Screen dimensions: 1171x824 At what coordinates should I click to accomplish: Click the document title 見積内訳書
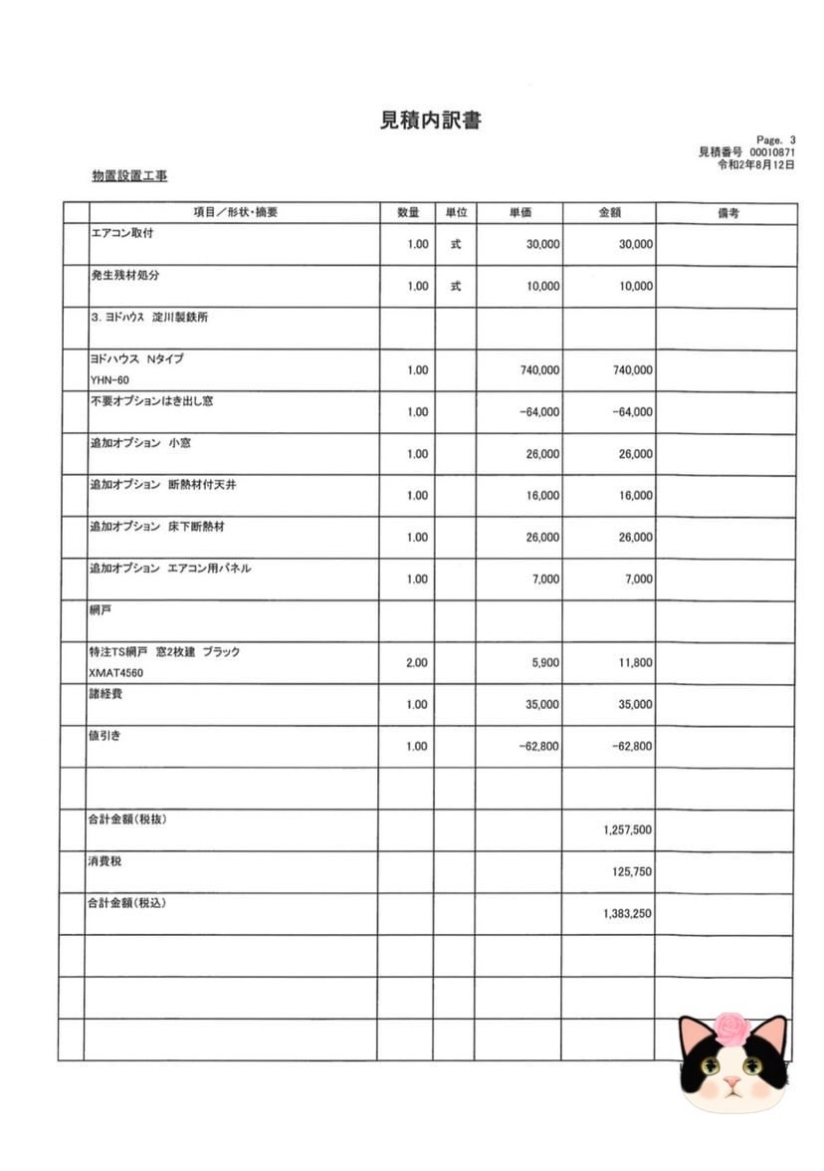tap(432, 120)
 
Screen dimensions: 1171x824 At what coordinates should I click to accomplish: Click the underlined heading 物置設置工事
tap(129, 176)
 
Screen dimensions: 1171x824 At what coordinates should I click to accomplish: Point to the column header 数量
tap(408, 213)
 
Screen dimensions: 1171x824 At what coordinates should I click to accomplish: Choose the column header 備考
tap(726, 213)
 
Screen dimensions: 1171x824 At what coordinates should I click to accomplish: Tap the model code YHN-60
tap(108, 380)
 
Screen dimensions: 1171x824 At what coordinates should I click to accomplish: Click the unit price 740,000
tap(539, 370)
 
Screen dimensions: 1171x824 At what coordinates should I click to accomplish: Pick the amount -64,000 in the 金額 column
tap(632, 412)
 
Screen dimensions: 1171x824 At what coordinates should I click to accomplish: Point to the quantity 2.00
tap(417, 662)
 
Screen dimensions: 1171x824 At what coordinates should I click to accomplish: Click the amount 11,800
tap(635, 662)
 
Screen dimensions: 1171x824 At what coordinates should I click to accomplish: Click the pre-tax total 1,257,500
tap(627, 829)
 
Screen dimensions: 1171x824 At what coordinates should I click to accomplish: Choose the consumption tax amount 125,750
tap(632, 871)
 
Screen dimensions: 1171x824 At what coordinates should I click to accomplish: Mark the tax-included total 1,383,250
tap(627, 913)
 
